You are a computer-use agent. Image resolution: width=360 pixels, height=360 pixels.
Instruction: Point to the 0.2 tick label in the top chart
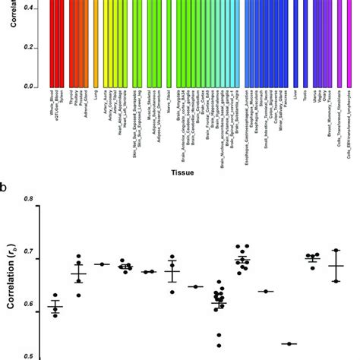[33, 48]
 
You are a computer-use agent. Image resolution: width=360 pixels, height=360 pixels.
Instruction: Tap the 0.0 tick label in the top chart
[33, 87]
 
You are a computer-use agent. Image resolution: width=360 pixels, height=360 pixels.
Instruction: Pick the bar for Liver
[295, 46]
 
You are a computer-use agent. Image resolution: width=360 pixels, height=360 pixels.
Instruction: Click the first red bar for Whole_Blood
[51, 46]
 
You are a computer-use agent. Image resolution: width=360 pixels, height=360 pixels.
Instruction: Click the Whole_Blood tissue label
[51, 104]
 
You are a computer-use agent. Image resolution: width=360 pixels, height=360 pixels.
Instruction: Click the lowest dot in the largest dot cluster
[219, 345]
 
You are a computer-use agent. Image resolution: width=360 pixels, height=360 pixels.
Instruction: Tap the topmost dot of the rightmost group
[336, 250]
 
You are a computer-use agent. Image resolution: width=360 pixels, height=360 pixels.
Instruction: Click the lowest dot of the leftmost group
[55, 314]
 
